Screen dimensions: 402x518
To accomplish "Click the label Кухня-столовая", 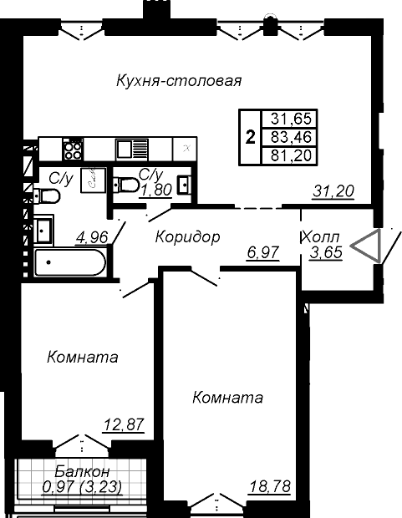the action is click(179, 80).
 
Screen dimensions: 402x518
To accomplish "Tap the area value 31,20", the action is click(333, 191).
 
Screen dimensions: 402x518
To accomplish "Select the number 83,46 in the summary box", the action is click(291, 137).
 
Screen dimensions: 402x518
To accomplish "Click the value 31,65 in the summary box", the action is click(291, 119).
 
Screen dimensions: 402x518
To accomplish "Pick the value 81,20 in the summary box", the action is click(291, 155).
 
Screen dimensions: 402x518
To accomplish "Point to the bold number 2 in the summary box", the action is click(251, 137).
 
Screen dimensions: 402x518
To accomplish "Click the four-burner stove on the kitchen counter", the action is click(73, 150).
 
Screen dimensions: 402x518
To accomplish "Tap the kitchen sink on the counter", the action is click(131, 150).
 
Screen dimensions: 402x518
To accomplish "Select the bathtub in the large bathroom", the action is click(70, 262).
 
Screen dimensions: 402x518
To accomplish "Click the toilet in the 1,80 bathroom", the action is click(126, 185).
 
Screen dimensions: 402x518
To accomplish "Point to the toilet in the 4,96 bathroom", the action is click(47, 196).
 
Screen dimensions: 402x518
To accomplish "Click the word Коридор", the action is click(187, 237).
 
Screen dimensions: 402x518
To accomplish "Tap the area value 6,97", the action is click(263, 252).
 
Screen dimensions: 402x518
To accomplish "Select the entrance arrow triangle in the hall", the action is click(365, 246).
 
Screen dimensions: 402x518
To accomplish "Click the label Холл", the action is click(320, 237).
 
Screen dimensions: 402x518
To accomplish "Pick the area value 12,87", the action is click(125, 424).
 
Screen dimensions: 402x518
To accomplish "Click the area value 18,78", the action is click(270, 486).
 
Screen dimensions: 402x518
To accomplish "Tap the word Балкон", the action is click(82, 471).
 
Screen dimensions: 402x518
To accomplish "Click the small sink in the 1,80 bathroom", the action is click(184, 185).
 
